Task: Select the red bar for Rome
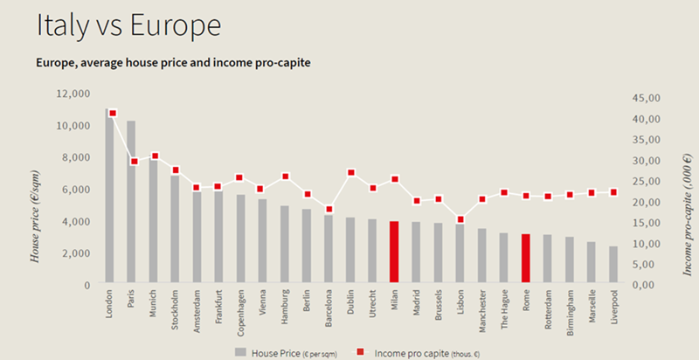[526, 258]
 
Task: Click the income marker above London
[112, 113]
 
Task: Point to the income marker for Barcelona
[329, 210]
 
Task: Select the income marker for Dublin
[350, 173]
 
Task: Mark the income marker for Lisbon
[460, 220]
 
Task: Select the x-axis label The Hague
[505, 311]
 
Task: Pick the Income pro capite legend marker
[362, 352]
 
